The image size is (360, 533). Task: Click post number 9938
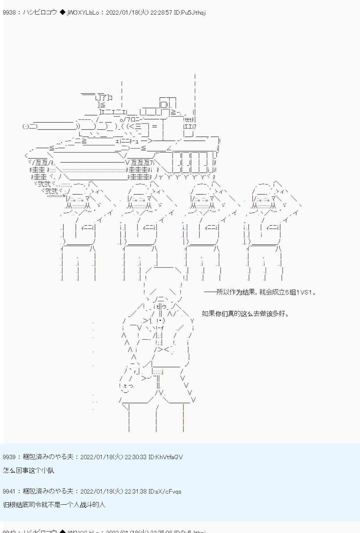pos(9,13)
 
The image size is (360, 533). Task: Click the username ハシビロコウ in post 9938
pos(40,13)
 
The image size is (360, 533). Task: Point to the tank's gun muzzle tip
pos(26,127)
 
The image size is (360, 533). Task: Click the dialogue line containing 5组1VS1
pos(260,292)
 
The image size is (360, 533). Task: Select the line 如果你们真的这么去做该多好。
pos(246,313)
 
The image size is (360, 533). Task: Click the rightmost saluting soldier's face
pos(264,200)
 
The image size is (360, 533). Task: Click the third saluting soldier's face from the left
pos(202,200)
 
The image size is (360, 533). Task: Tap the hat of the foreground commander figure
pos(163,280)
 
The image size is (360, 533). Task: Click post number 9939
pos(9,457)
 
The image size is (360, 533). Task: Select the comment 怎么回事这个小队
pos(29,470)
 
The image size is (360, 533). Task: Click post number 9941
pos(9,491)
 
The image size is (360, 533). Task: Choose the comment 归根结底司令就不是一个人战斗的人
pos(54,504)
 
